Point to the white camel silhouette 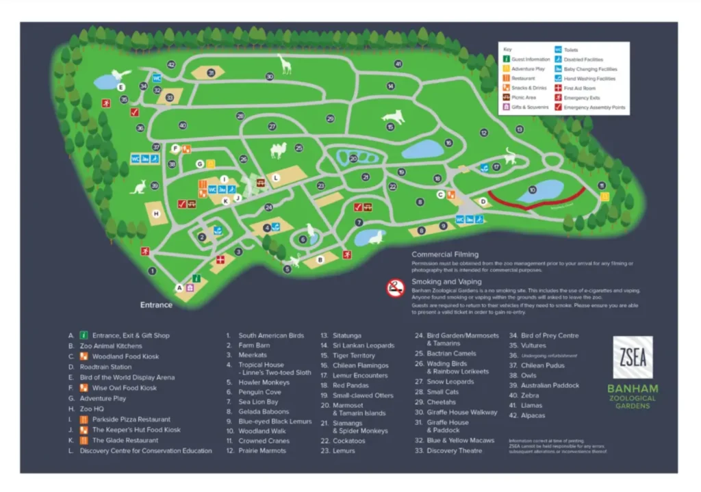(279, 150)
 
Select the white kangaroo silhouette (140, 185)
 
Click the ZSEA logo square (633, 357)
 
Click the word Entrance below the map (157, 305)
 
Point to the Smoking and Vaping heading (446, 281)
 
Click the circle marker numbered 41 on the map (398, 64)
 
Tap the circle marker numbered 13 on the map (520, 129)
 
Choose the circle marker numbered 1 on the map (152, 271)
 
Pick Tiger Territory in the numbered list (354, 356)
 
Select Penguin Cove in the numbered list (259, 392)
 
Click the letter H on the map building (156, 213)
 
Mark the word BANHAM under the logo (633, 389)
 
